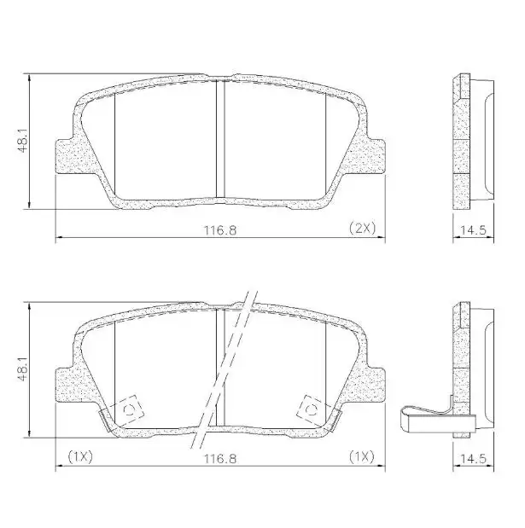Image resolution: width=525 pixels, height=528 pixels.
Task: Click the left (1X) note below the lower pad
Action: (x=79, y=457)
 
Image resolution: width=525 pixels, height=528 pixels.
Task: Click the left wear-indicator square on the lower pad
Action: (x=131, y=411)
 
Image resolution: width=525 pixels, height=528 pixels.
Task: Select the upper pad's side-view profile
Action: (x=470, y=141)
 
